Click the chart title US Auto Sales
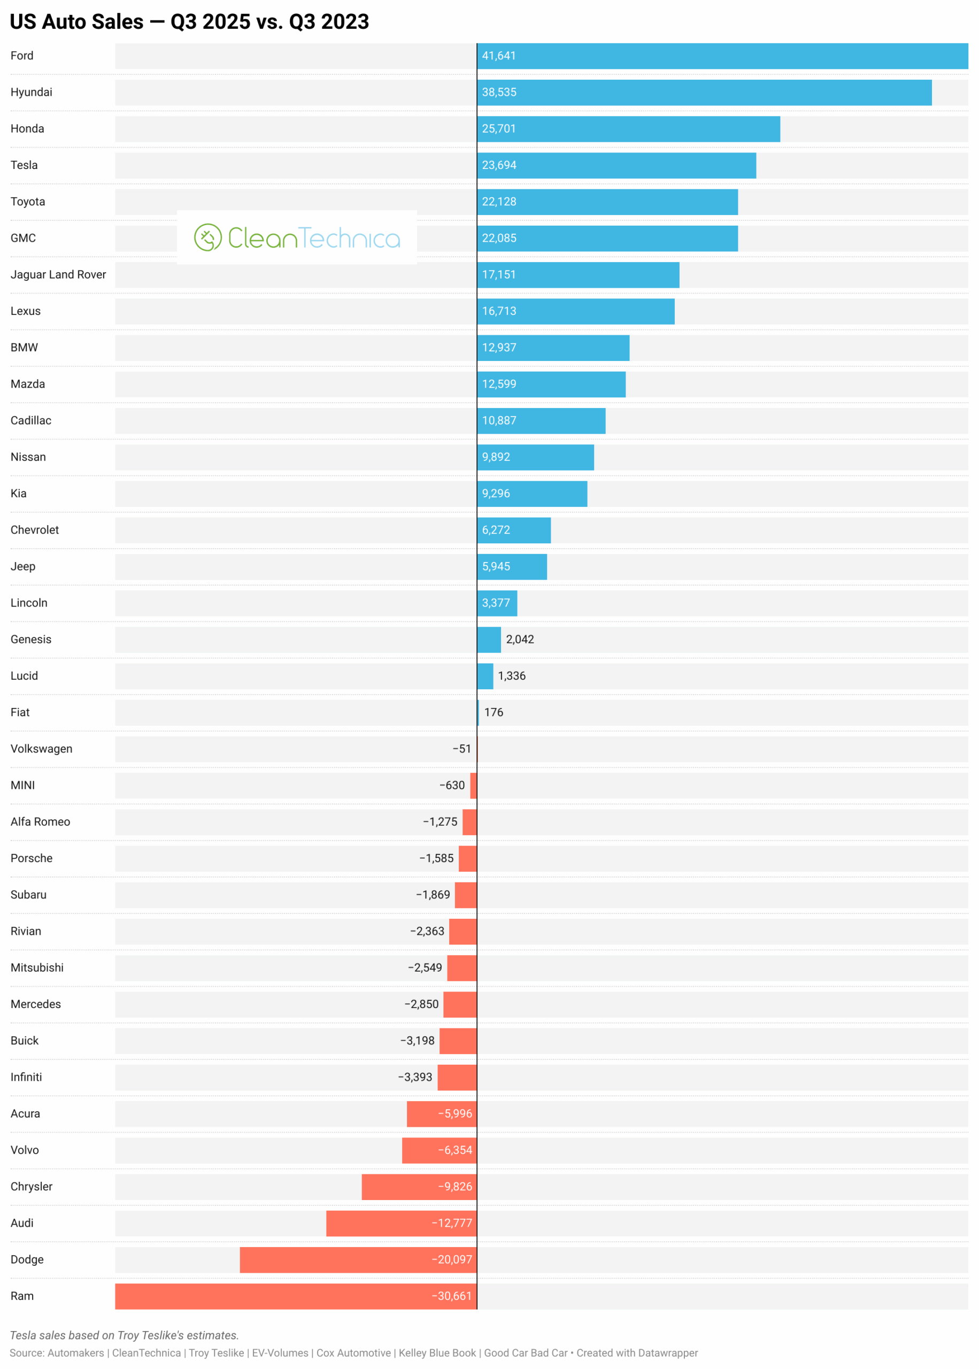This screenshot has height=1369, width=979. (189, 22)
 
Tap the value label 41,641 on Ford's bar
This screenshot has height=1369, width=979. (498, 56)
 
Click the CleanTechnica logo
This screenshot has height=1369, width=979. (297, 237)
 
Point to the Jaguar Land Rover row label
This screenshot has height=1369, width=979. (58, 274)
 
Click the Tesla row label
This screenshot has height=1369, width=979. (24, 165)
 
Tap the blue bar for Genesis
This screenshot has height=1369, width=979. (489, 639)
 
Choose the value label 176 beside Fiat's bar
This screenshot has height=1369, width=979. (494, 712)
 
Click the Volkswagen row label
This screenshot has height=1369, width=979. (41, 749)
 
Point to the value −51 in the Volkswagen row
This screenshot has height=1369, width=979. (462, 749)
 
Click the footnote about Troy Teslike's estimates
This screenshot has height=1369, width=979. (124, 1335)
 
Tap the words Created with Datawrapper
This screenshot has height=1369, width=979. (637, 1353)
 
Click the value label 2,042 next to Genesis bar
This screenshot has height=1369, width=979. (520, 639)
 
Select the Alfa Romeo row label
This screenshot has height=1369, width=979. (41, 821)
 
